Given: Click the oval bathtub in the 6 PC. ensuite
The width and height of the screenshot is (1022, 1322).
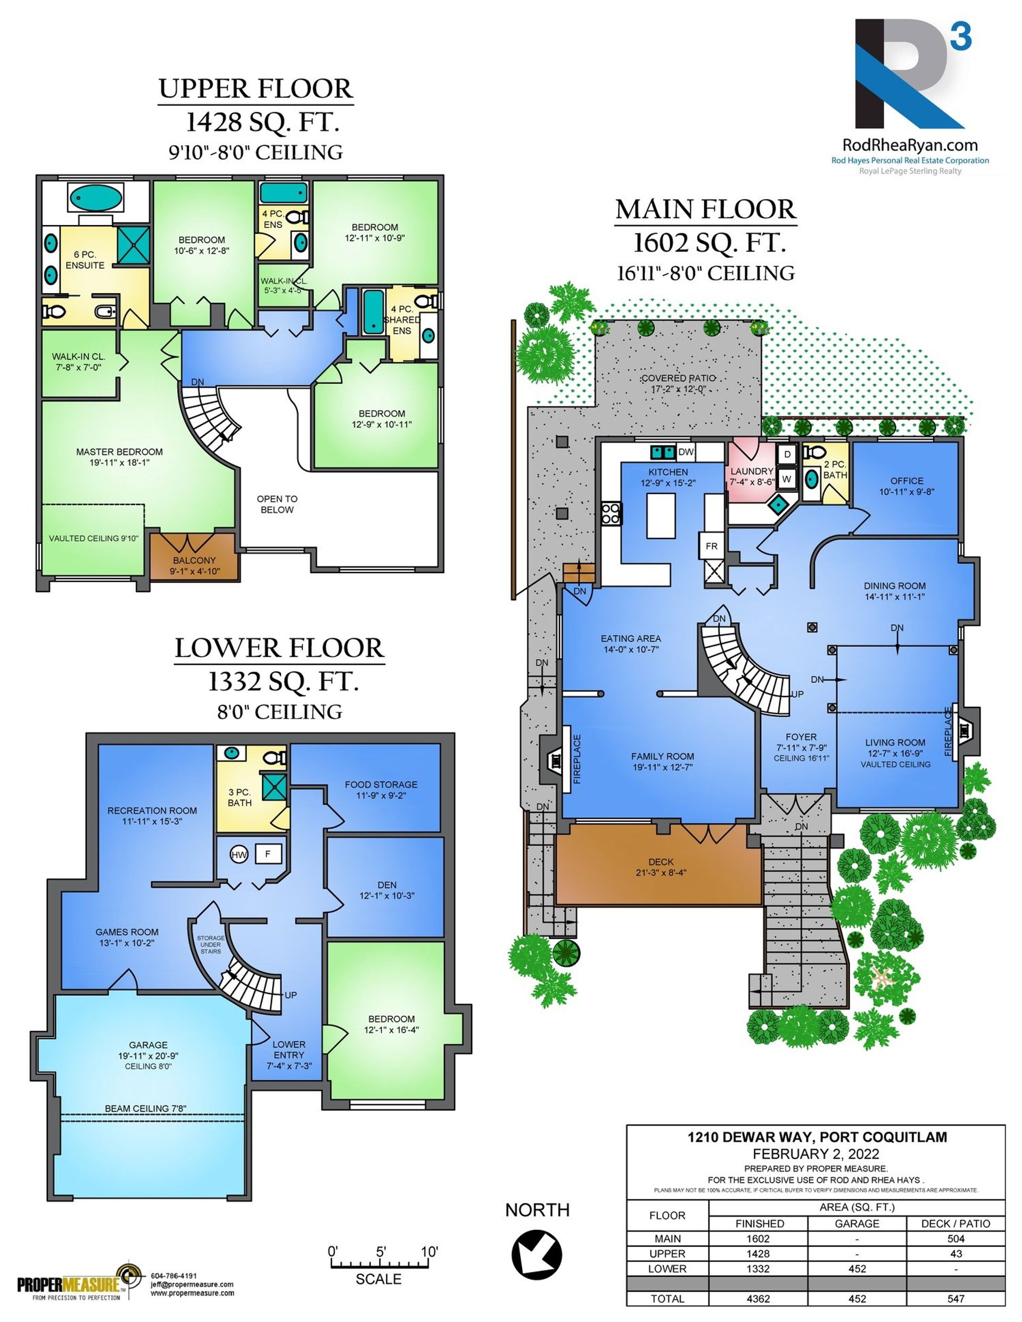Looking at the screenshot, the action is click(94, 197).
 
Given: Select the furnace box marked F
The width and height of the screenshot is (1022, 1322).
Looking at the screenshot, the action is click(268, 854).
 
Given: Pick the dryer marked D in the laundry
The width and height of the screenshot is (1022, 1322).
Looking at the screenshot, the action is click(788, 454).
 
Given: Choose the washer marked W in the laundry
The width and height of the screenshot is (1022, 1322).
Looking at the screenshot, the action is click(787, 478).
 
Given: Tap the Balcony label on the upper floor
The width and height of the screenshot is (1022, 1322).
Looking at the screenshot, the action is click(194, 560).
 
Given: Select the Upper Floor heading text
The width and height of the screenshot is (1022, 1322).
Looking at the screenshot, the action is click(256, 89).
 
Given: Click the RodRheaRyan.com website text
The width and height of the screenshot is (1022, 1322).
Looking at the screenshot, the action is click(911, 145).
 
